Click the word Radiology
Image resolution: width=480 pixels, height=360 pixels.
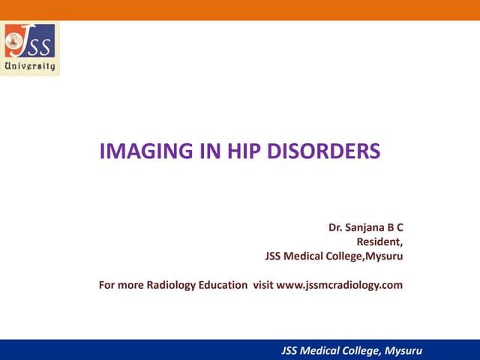[169, 285]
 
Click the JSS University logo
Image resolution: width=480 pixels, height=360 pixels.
[30, 49]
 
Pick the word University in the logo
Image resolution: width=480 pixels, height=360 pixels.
[30, 66]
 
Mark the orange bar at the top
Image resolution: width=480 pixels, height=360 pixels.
[240, 10]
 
